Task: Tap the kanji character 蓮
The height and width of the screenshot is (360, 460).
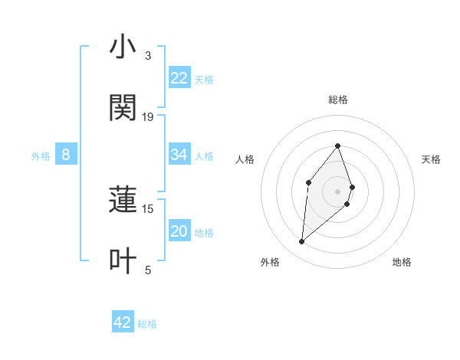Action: pos(123,201)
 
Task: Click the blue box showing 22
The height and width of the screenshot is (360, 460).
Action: pos(179,78)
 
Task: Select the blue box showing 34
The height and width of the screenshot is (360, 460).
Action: pos(179,155)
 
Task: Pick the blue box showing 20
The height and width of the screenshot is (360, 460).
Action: pos(179,232)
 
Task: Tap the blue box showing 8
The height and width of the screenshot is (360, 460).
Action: pos(66,155)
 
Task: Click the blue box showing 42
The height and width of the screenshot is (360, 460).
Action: pos(123,322)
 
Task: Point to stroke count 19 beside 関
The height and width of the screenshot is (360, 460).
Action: pos(148,117)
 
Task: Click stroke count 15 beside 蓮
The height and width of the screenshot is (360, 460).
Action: pos(148,208)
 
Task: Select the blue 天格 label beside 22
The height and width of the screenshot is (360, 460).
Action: pos(204,79)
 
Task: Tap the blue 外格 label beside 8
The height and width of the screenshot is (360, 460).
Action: pos(41,156)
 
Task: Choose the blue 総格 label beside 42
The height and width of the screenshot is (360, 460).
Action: pos(147,323)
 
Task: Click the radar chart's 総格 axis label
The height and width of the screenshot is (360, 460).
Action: pos(337,100)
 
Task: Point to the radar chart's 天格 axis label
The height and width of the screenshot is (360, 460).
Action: pos(431,159)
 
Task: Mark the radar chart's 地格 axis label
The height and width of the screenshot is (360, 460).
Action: pos(402,262)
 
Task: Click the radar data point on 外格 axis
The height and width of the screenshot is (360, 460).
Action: pos(301,242)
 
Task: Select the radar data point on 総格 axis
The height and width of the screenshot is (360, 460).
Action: pos(337,145)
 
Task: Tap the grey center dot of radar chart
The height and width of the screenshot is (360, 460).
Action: pos(337,191)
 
